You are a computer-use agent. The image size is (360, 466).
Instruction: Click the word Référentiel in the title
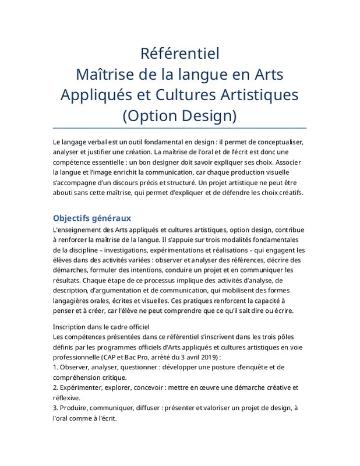179,54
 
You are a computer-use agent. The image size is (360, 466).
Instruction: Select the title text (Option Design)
179,115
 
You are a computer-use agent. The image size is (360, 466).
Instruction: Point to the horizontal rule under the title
179,128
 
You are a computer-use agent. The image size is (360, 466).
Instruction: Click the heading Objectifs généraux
91,218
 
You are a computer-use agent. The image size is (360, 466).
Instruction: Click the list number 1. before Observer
55,368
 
